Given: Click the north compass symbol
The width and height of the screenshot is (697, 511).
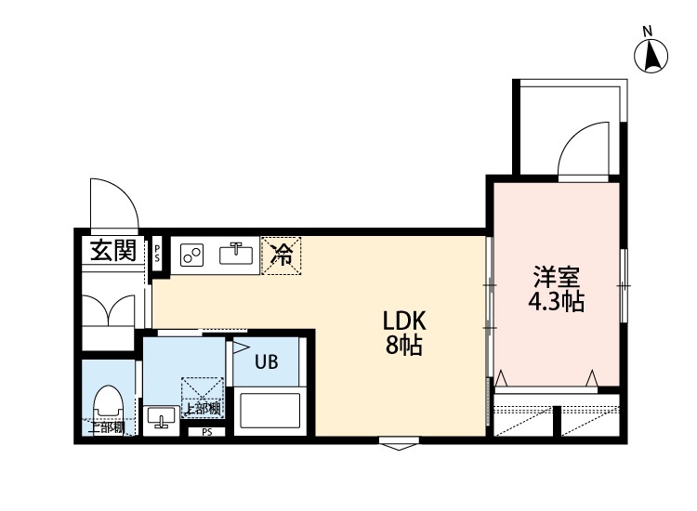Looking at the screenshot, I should coord(652,55).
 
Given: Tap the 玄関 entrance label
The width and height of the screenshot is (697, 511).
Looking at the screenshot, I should coord(113,250).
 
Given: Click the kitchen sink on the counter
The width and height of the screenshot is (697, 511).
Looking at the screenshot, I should coord(238,254).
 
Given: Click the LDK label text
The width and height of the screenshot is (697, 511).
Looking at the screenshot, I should coord(404,321).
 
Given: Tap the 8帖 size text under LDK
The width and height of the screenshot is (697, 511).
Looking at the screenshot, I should coord(404,347).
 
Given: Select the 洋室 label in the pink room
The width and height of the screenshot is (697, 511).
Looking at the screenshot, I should coord(556,278).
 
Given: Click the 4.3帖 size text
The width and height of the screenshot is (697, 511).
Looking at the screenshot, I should coord(556,302).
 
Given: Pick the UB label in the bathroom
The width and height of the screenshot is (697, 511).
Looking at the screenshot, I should coord(266,362).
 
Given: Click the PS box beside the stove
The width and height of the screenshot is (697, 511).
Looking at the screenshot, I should coord(158,254).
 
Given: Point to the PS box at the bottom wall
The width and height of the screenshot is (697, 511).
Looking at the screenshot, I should coord(206,432).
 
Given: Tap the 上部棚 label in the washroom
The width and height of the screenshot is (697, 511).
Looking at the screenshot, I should coord(201,408).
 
